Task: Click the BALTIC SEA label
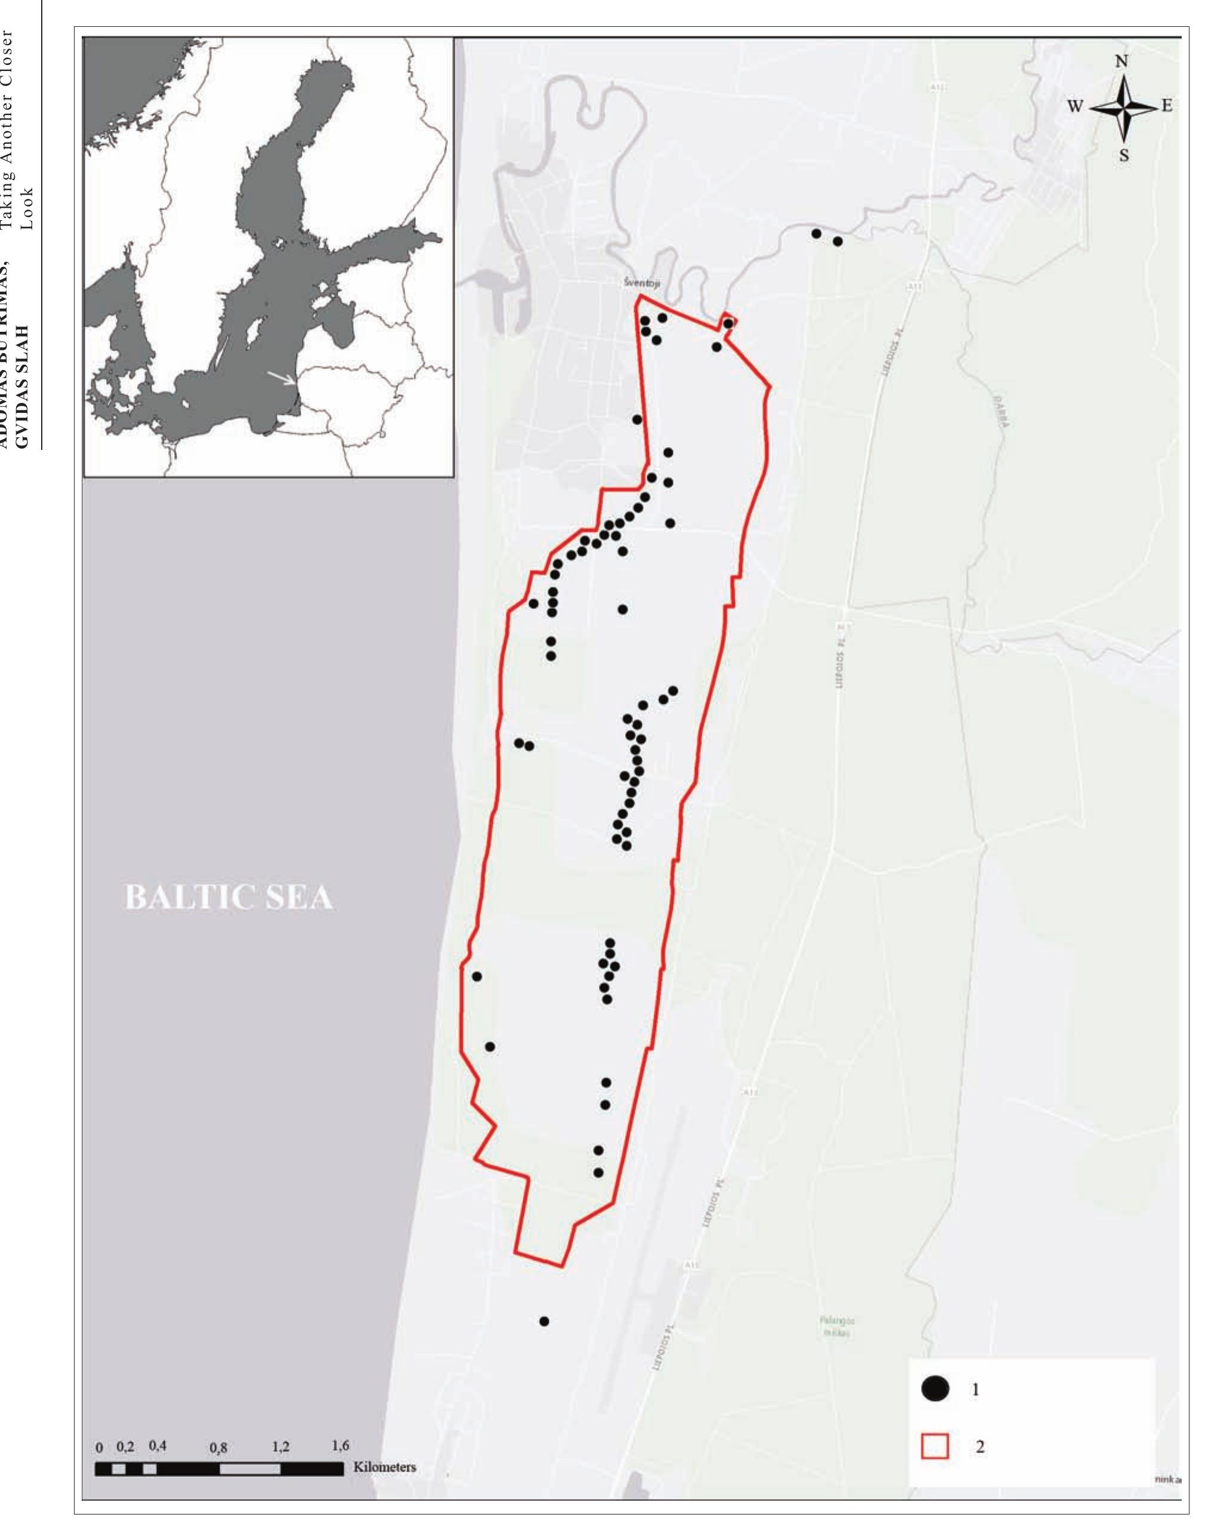coord(228,897)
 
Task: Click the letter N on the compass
coord(1121,61)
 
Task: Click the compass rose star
coord(1124,108)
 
